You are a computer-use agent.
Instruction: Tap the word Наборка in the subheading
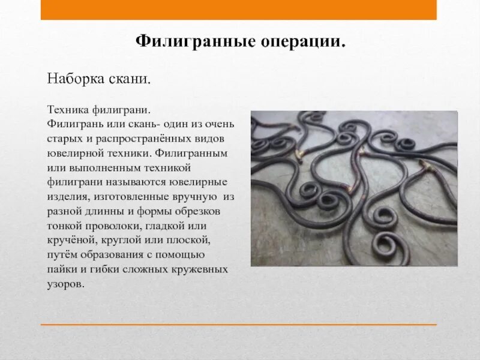pos(73,80)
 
